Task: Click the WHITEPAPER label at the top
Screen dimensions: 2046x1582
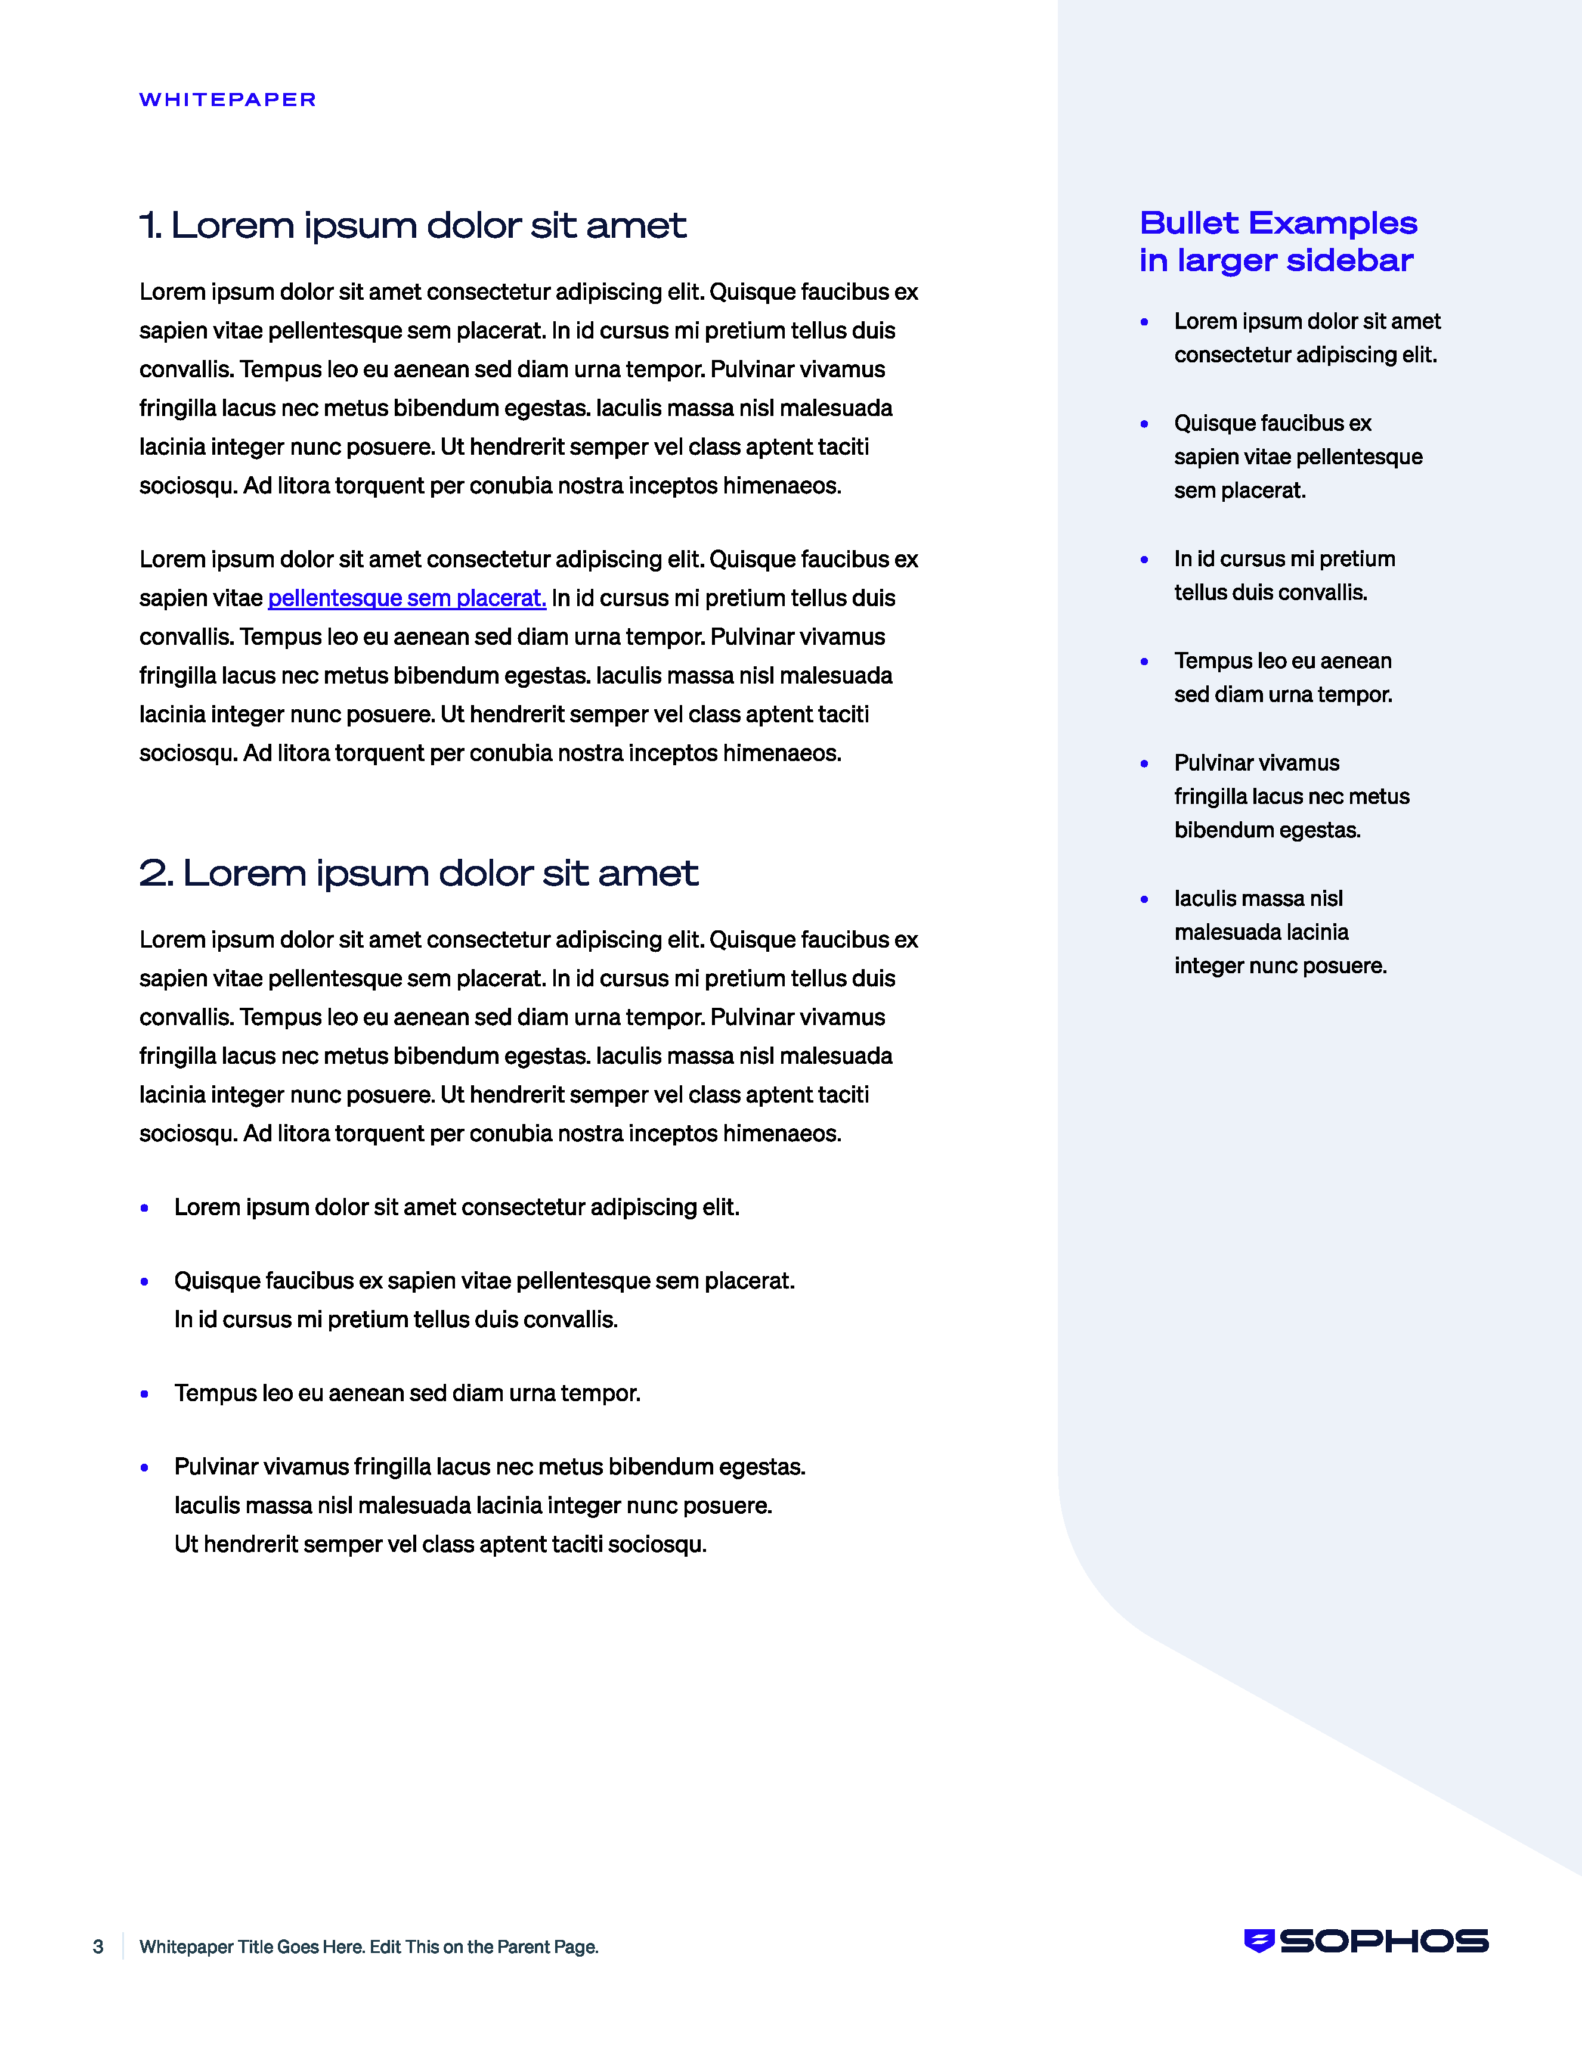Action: (x=228, y=100)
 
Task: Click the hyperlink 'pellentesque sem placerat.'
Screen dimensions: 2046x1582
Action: (x=407, y=598)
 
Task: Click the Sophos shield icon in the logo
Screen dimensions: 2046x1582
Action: (x=1259, y=1941)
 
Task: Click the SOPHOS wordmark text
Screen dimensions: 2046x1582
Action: (x=1383, y=1941)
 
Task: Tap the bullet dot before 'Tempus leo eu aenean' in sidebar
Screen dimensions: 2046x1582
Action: (x=1144, y=662)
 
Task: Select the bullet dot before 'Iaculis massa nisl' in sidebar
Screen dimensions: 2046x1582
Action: (x=1144, y=899)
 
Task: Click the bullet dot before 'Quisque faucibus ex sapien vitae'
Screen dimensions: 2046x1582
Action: (x=144, y=1281)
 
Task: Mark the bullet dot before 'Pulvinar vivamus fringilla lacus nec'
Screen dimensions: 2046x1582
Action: (x=144, y=1467)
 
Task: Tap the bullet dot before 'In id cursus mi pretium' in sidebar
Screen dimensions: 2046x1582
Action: (x=1144, y=559)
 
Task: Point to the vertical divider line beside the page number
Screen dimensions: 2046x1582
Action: (x=123, y=1946)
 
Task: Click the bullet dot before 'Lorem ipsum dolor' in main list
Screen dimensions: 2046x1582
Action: (x=144, y=1207)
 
